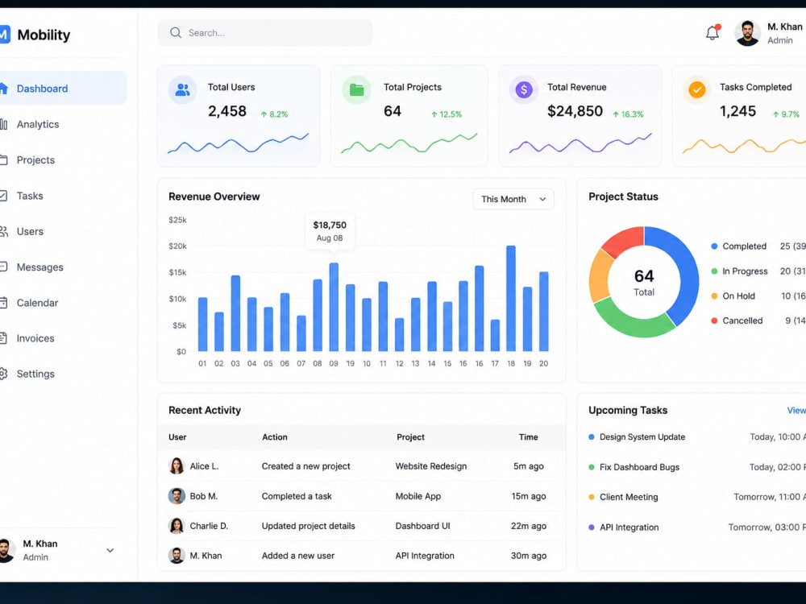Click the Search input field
tap(264, 33)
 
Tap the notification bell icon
tap(713, 32)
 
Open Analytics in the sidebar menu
tap(38, 124)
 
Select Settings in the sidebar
tap(35, 374)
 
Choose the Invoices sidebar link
tap(35, 338)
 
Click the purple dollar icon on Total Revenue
tap(524, 90)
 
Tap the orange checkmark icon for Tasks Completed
tap(697, 90)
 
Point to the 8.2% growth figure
tap(275, 114)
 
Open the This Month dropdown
tap(513, 199)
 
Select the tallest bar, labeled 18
tap(511, 299)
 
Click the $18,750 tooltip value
tap(330, 225)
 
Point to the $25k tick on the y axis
tap(177, 220)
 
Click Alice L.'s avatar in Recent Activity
tap(177, 465)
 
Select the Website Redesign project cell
tap(430, 466)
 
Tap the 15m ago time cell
tap(529, 496)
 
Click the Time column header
tap(529, 437)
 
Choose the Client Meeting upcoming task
tap(629, 497)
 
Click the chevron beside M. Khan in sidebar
tap(110, 550)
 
